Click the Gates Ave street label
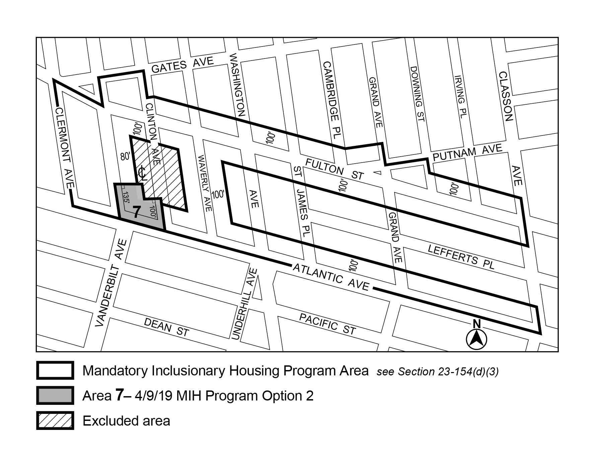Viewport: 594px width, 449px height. (x=182, y=65)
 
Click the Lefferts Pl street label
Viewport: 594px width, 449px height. (x=461, y=257)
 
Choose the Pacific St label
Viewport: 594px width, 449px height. (x=327, y=324)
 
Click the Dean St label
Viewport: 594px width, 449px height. (x=166, y=327)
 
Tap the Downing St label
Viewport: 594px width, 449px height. (x=417, y=94)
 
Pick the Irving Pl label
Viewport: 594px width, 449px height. (x=461, y=97)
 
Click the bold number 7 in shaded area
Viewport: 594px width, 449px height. (x=136, y=212)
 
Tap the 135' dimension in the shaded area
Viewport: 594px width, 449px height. (x=126, y=200)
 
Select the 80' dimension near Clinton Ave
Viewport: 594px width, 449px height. (x=125, y=156)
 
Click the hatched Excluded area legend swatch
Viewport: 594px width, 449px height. (x=55, y=421)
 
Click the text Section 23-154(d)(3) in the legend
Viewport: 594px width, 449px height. (x=448, y=372)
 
